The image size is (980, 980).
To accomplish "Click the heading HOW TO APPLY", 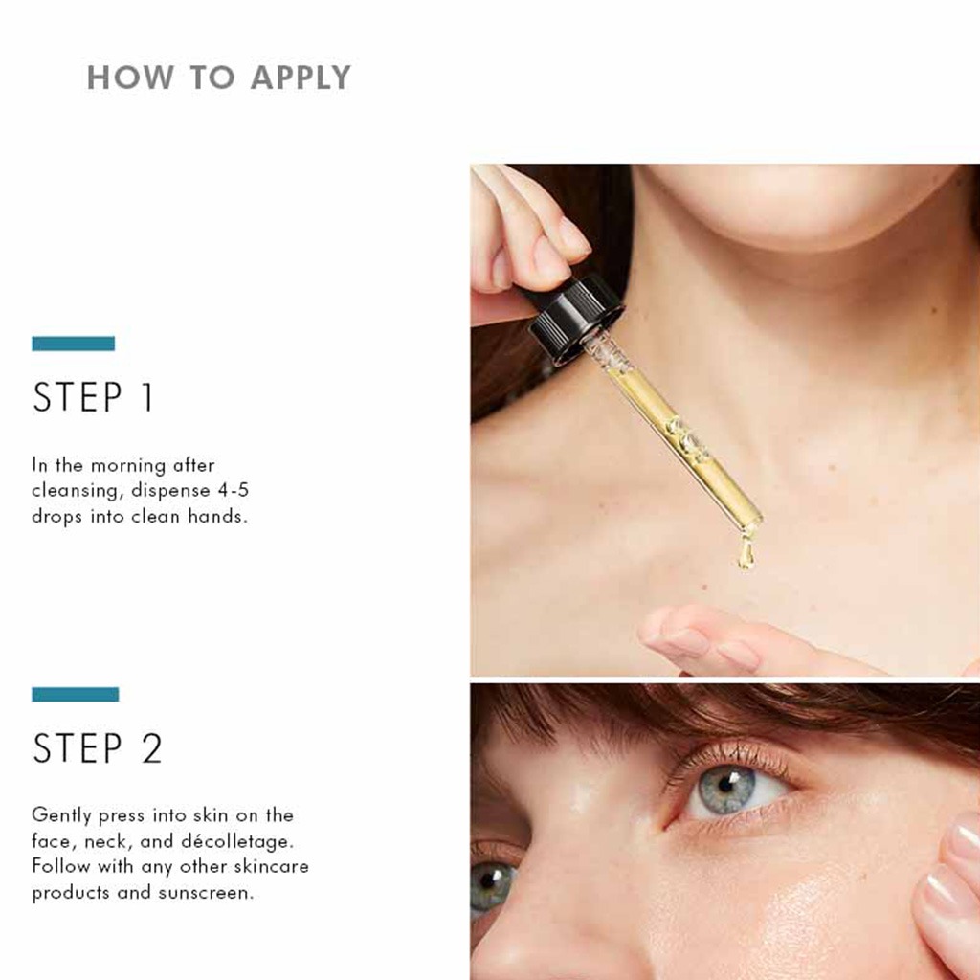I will click(218, 78).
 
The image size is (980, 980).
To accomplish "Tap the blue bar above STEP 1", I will click(73, 344).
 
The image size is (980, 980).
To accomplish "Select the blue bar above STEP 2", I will click(75, 695).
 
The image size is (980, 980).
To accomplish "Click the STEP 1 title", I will click(93, 398).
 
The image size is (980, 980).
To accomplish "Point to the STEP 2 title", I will click(98, 749).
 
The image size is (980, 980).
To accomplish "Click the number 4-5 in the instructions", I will click(234, 491).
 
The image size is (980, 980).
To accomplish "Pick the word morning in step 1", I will click(128, 466).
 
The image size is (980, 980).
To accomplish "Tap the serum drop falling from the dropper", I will click(746, 552).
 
